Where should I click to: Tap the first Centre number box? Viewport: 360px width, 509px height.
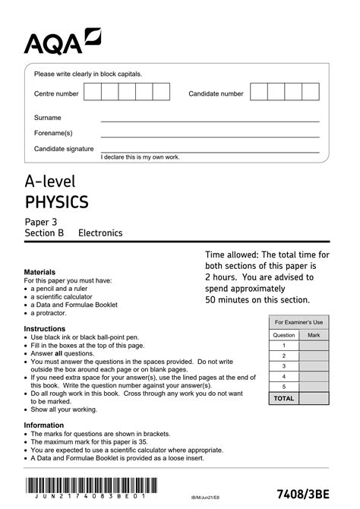click(92, 93)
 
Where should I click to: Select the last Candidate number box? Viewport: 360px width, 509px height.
click(311, 93)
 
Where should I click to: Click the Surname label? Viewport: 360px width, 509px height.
click(48, 118)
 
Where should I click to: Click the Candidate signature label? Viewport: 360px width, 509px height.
click(64, 148)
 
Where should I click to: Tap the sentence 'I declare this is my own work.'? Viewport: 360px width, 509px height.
click(141, 156)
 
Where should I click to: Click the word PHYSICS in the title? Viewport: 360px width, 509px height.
click(57, 202)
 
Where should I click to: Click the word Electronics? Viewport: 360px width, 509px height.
click(100, 233)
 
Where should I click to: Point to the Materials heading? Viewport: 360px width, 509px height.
click(40, 271)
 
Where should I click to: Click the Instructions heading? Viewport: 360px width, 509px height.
click(45, 329)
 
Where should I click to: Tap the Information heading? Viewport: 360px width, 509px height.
click(45, 425)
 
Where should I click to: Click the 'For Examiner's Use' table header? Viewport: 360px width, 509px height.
click(298, 322)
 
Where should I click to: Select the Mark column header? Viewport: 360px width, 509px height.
click(314, 334)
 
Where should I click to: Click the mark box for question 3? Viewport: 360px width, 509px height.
click(314, 365)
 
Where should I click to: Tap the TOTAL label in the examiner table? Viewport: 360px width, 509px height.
click(283, 397)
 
